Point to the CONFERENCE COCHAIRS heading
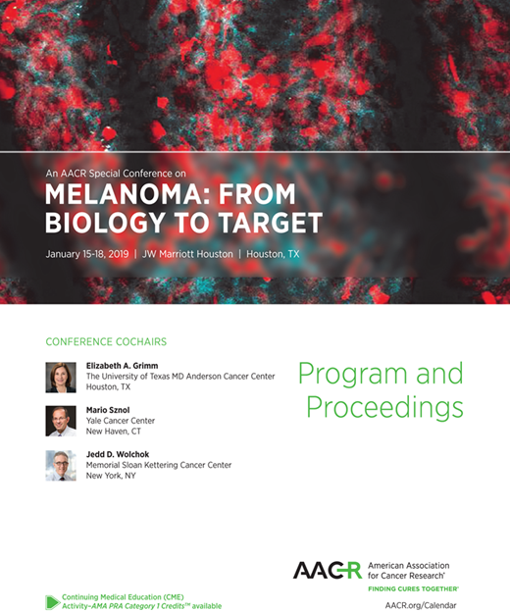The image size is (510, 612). coord(106,341)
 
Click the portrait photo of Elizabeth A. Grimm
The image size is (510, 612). coord(61,378)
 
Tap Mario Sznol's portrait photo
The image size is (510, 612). coord(61,421)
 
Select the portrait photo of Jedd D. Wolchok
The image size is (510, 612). coord(61,465)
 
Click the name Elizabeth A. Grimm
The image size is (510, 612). coord(123,366)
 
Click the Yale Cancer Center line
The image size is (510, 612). coord(121,421)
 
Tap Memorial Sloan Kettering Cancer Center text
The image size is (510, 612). coord(159,465)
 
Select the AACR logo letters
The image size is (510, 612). coord(327,572)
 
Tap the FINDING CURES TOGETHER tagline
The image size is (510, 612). coord(412,589)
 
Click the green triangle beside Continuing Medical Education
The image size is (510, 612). coord(52,601)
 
